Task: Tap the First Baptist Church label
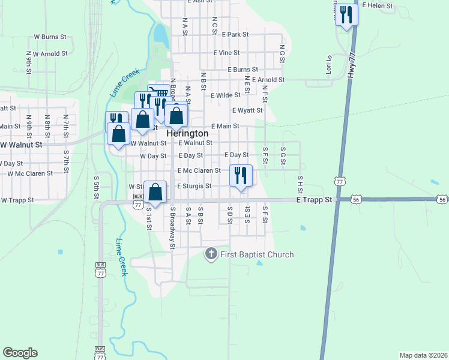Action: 257,254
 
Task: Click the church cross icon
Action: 211,254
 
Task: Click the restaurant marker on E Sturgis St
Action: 241,176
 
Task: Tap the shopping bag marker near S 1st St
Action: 155,193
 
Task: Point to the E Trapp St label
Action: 314,200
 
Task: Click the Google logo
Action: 20,353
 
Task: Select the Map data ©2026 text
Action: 423,355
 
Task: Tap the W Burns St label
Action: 50,37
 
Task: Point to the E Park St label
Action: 235,35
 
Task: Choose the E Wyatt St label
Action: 247,110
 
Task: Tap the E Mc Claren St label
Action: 203,170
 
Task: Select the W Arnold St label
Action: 50,54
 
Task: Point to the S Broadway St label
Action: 172,227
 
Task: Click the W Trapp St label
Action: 16,200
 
